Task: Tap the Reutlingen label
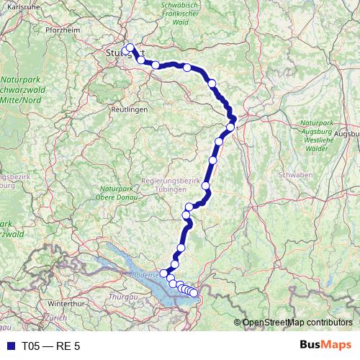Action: coord(129,109)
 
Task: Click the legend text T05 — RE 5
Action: coord(50,346)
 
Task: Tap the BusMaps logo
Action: coord(325,346)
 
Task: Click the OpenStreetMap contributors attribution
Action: coord(297,323)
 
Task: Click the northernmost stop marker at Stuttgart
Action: coord(130,48)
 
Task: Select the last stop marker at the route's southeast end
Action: coord(194,293)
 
